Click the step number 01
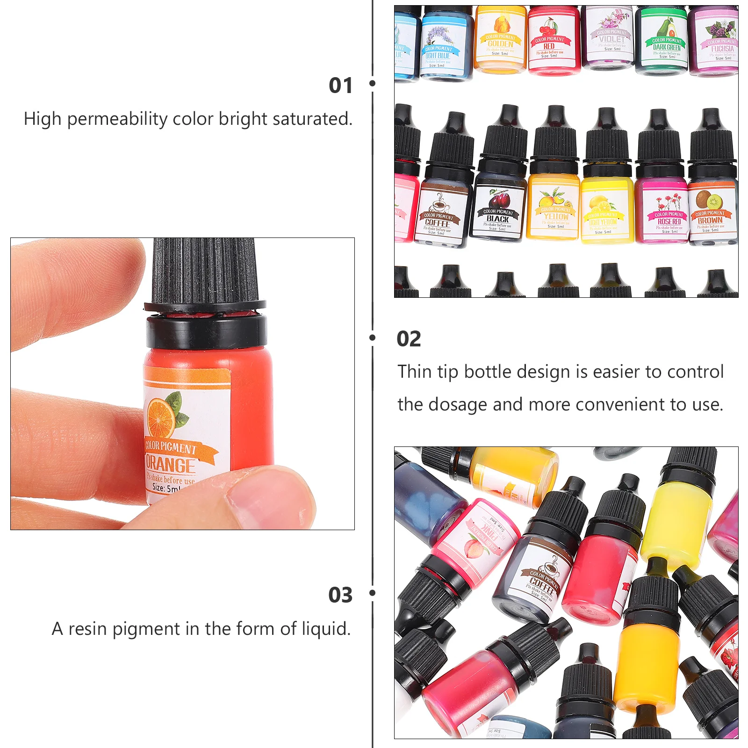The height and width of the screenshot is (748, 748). tap(340, 86)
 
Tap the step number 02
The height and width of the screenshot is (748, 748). tap(409, 339)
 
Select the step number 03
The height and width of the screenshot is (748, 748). tap(340, 595)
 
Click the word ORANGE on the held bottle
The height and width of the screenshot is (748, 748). tap(170, 465)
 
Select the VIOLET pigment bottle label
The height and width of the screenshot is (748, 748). tap(611, 39)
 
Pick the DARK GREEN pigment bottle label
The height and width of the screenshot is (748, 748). tap(667, 47)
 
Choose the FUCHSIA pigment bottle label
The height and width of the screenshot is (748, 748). tap(722, 48)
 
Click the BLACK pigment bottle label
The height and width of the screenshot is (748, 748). tap(497, 218)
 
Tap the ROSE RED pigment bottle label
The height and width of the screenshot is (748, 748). tap(669, 221)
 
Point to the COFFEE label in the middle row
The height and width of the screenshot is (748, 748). tap(438, 223)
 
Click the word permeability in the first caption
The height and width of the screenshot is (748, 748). tap(117, 119)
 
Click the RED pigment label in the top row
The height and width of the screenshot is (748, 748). tap(549, 46)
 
